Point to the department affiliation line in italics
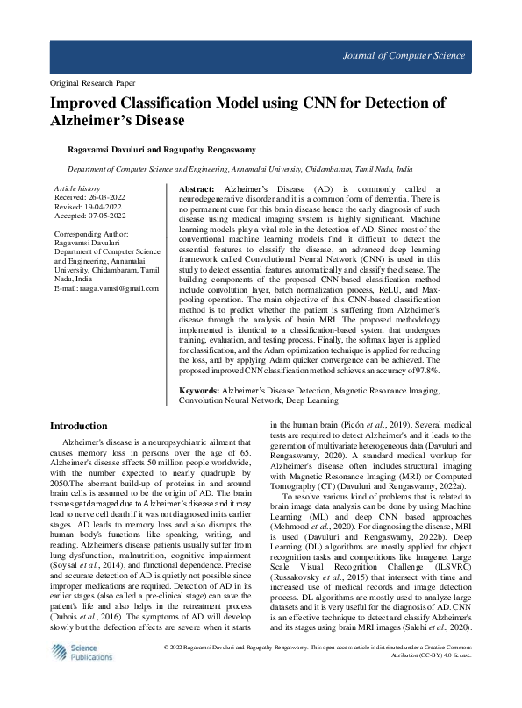240,168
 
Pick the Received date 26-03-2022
108,198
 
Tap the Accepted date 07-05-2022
109,216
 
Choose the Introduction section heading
85,426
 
